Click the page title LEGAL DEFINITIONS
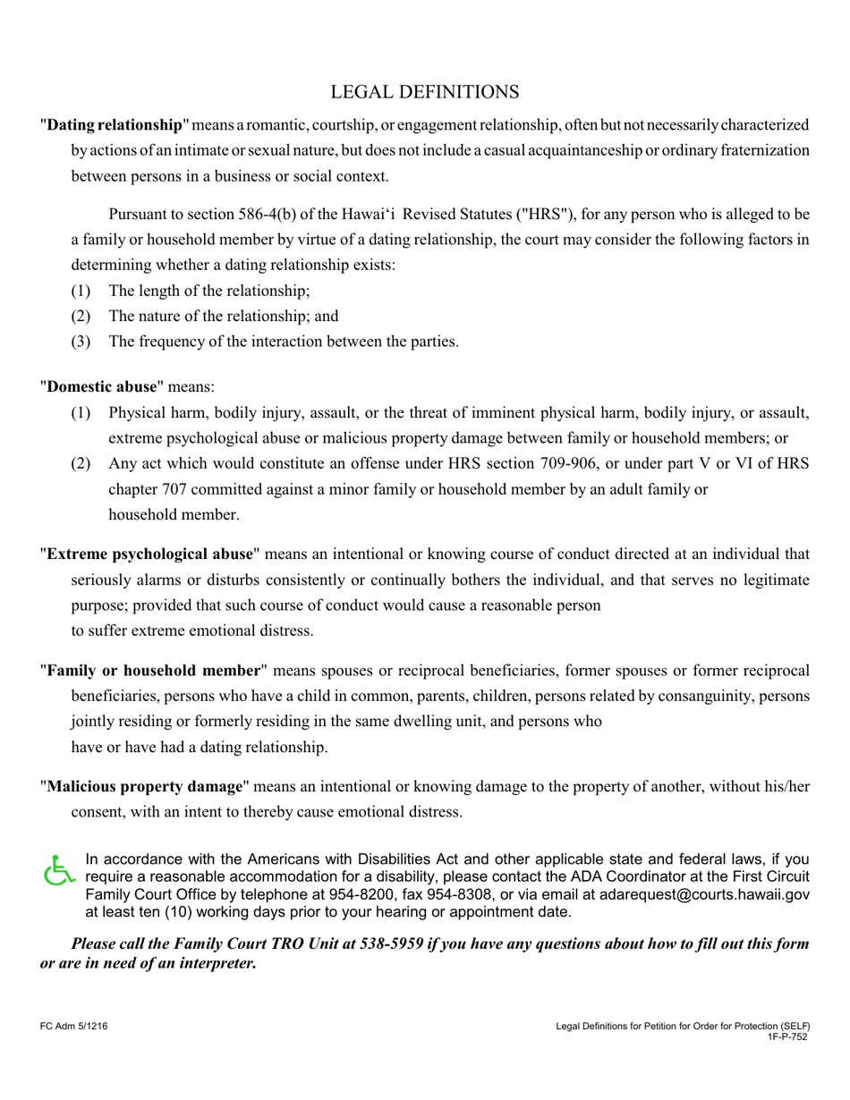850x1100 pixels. pos(424,92)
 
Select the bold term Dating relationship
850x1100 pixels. pos(114,124)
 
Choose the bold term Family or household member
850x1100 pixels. pos(153,670)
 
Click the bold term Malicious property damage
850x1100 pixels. pos(145,786)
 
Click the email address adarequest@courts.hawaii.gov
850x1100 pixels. pos(704,893)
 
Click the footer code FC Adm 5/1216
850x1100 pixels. pos(74,1028)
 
